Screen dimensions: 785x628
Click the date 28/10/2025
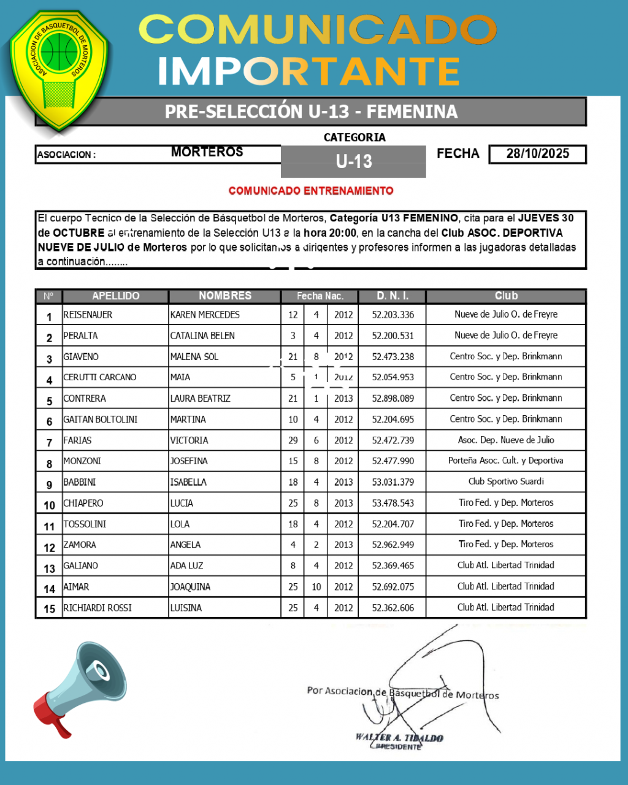coord(537,154)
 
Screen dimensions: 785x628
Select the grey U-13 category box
coord(353,161)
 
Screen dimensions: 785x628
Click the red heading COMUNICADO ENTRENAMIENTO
coord(311,191)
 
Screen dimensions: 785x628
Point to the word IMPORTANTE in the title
coord(308,72)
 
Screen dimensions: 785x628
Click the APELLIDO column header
coord(115,296)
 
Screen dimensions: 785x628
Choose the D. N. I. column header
coord(392,296)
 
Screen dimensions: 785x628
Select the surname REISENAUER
coord(88,315)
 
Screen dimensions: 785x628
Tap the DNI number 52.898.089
coord(392,399)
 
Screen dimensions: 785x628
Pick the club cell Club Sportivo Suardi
coord(506,482)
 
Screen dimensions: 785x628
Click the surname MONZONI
coord(82,461)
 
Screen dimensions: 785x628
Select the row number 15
coord(49,609)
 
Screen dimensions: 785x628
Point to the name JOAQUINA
coord(190,587)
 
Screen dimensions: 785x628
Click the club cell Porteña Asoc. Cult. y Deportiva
coord(506,461)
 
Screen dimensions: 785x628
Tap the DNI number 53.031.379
coord(392,482)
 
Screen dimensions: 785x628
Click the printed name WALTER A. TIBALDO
coord(399,738)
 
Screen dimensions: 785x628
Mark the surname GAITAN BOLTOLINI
coord(100,419)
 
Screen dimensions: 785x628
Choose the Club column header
coord(506,296)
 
